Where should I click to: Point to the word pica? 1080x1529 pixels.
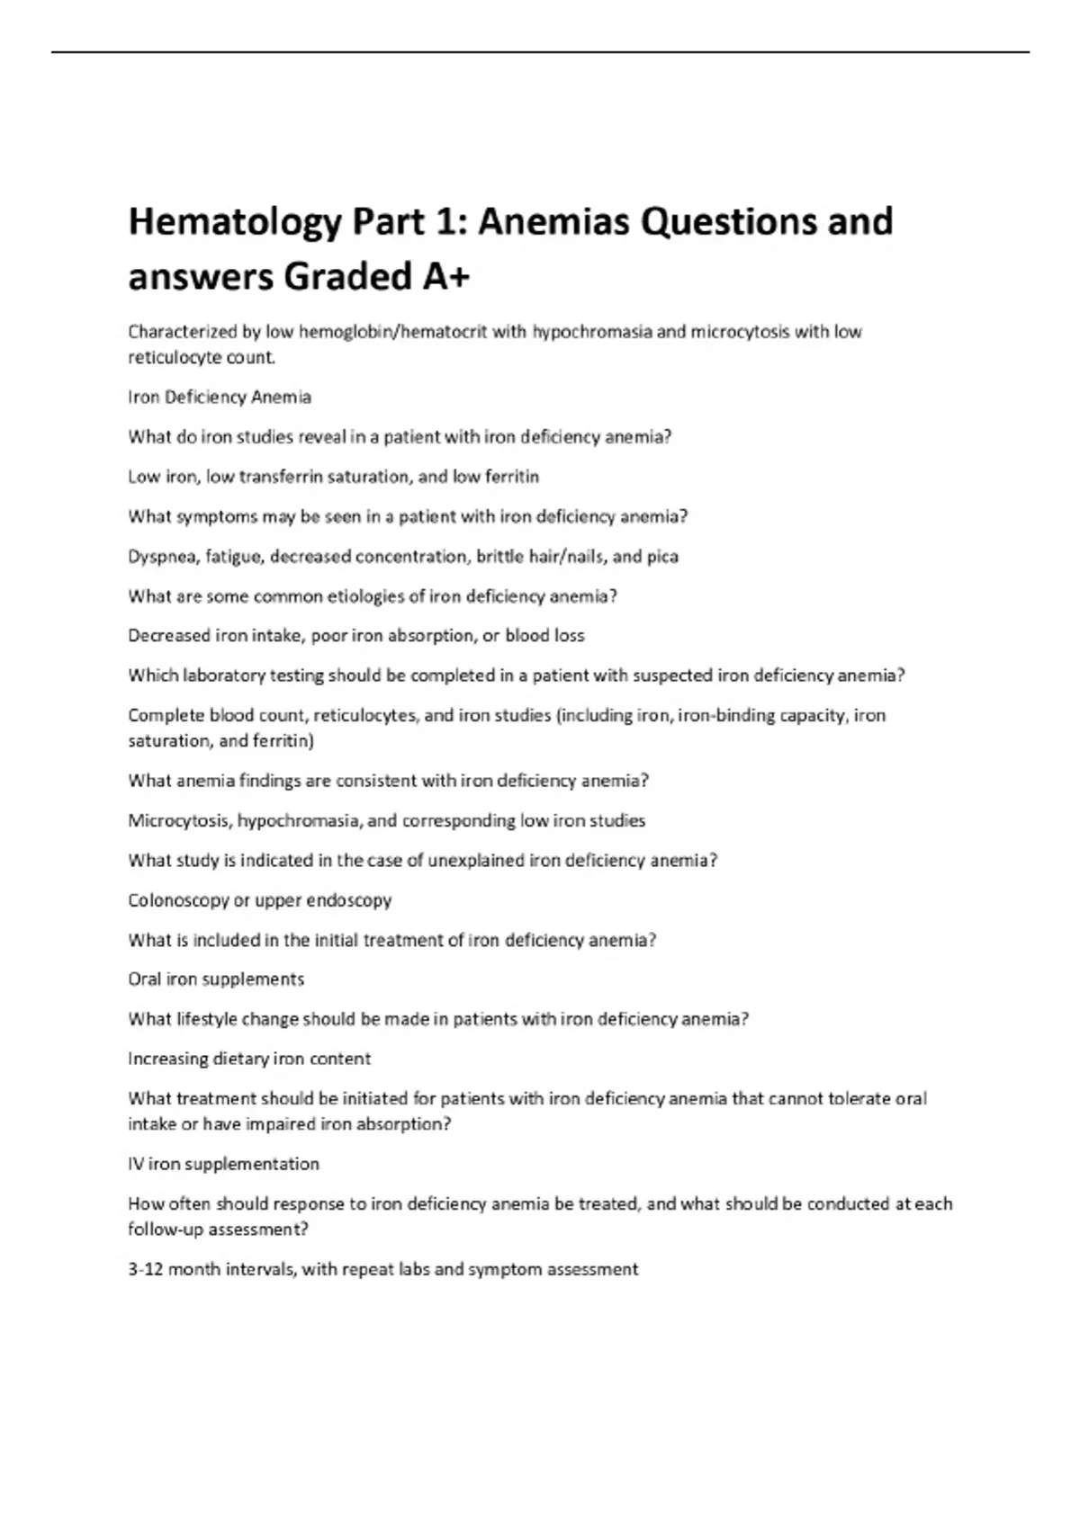pyautogui.click(x=662, y=557)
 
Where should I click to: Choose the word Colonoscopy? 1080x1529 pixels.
pyautogui.click(x=177, y=900)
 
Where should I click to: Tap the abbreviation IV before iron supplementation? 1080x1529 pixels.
pyautogui.click(x=136, y=1164)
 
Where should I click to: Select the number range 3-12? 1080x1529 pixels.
pyautogui.click(x=145, y=1269)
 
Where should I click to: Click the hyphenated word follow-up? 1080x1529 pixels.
pyautogui.click(x=166, y=1229)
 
